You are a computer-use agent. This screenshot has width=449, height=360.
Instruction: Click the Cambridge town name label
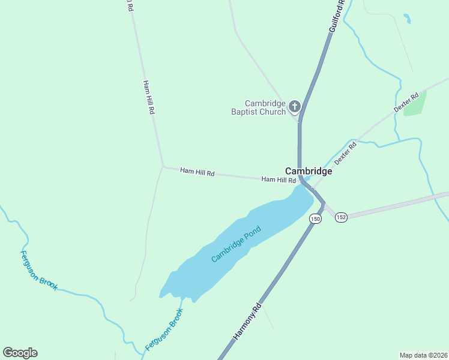click(x=309, y=171)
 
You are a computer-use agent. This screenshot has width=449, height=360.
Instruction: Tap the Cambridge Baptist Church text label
click(x=259, y=107)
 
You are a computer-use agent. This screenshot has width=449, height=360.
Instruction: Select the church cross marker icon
click(x=294, y=107)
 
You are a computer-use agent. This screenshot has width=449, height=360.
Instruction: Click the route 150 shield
click(x=315, y=219)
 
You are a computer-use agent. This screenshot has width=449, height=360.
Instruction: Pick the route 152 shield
click(x=341, y=217)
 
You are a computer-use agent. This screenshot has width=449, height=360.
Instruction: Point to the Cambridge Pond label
click(x=237, y=244)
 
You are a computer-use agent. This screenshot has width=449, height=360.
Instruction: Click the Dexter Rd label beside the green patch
click(x=406, y=103)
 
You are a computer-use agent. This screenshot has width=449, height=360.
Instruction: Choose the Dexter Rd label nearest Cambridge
click(x=345, y=152)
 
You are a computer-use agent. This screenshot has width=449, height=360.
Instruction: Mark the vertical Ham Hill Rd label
click(x=149, y=97)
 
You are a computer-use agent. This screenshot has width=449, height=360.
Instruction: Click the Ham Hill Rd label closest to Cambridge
click(x=279, y=179)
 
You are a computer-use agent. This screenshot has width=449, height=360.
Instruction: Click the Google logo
click(x=20, y=353)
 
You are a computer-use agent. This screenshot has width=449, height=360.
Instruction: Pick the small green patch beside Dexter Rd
click(x=415, y=103)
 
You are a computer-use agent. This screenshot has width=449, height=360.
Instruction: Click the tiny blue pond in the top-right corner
click(x=408, y=19)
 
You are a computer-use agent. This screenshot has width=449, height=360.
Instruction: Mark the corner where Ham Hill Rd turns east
click(x=163, y=167)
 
